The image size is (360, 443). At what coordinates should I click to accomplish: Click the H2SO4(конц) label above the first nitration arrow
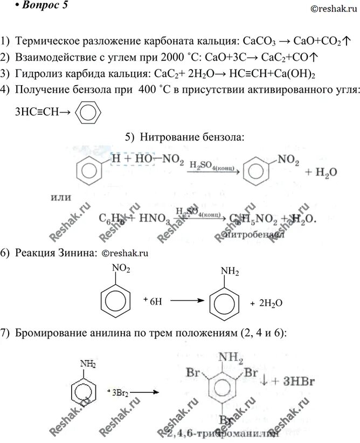click(x=210, y=167)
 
